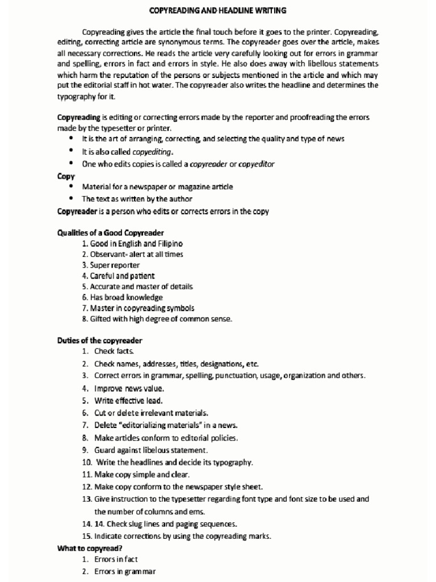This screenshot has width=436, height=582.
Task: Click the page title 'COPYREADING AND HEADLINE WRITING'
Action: click(x=218, y=10)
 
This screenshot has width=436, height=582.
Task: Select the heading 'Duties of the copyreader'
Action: click(x=99, y=340)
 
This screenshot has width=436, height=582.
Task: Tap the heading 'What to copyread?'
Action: click(x=90, y=548)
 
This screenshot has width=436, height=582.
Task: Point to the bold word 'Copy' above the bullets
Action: click(x=65, y=176)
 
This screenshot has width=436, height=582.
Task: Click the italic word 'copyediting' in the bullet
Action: click(x=152, y=152)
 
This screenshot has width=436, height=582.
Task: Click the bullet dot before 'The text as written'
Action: click(x=70, y=199)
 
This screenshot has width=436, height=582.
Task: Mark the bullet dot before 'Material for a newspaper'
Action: click(x=70, y=186)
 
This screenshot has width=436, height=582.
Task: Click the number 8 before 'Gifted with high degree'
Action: click(x=84, y=319)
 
